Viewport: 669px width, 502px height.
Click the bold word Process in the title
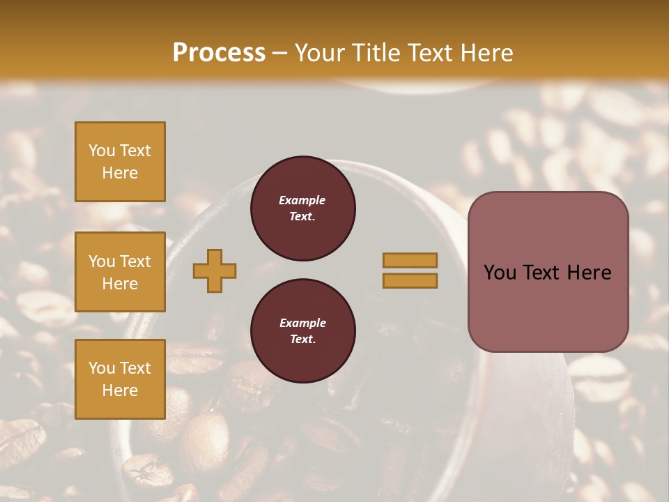tap(219, 53)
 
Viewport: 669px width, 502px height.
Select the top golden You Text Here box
tap(120, 162)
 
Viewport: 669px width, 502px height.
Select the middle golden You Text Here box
tap(120, 272)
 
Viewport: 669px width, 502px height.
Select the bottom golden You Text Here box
tap(120, 379)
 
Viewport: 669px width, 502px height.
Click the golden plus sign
tap(215, 271)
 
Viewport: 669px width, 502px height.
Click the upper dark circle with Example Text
tap(303, 208)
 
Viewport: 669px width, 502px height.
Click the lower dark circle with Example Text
tap(303, 331)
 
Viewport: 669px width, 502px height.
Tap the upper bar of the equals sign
tap(410, 260)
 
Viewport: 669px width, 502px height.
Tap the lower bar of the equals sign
tap(410, 280)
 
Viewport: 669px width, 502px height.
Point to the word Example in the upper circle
tap(302, 200)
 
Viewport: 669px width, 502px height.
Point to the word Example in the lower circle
tap(302, 323)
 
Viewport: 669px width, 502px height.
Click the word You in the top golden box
tap(102, 151)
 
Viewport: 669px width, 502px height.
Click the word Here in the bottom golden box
tap(120, 390)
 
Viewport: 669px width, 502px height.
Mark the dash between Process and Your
tap(279, 53)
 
